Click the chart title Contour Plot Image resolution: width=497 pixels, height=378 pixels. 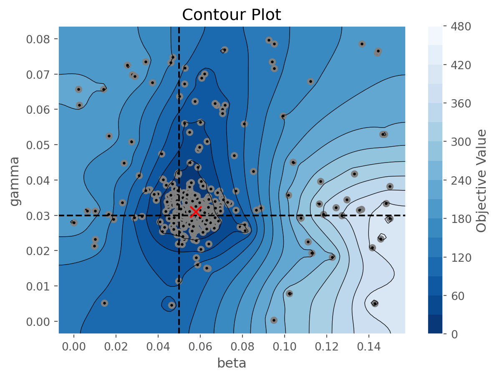[232, 15]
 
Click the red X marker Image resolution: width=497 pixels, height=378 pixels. [195, 212]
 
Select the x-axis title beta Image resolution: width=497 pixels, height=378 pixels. [232, 363]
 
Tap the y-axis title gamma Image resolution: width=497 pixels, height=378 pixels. [15, 181]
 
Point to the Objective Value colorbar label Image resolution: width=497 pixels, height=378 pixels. [482, 180]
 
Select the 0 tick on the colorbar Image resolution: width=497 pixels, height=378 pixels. [453, 334]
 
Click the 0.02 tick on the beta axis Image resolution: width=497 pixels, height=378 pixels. [116, 346]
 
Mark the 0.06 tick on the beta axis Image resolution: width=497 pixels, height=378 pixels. [200, 346]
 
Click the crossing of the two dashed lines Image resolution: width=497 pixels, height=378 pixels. [179, 215]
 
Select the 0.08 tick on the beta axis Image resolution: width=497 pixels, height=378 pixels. [242, 346]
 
